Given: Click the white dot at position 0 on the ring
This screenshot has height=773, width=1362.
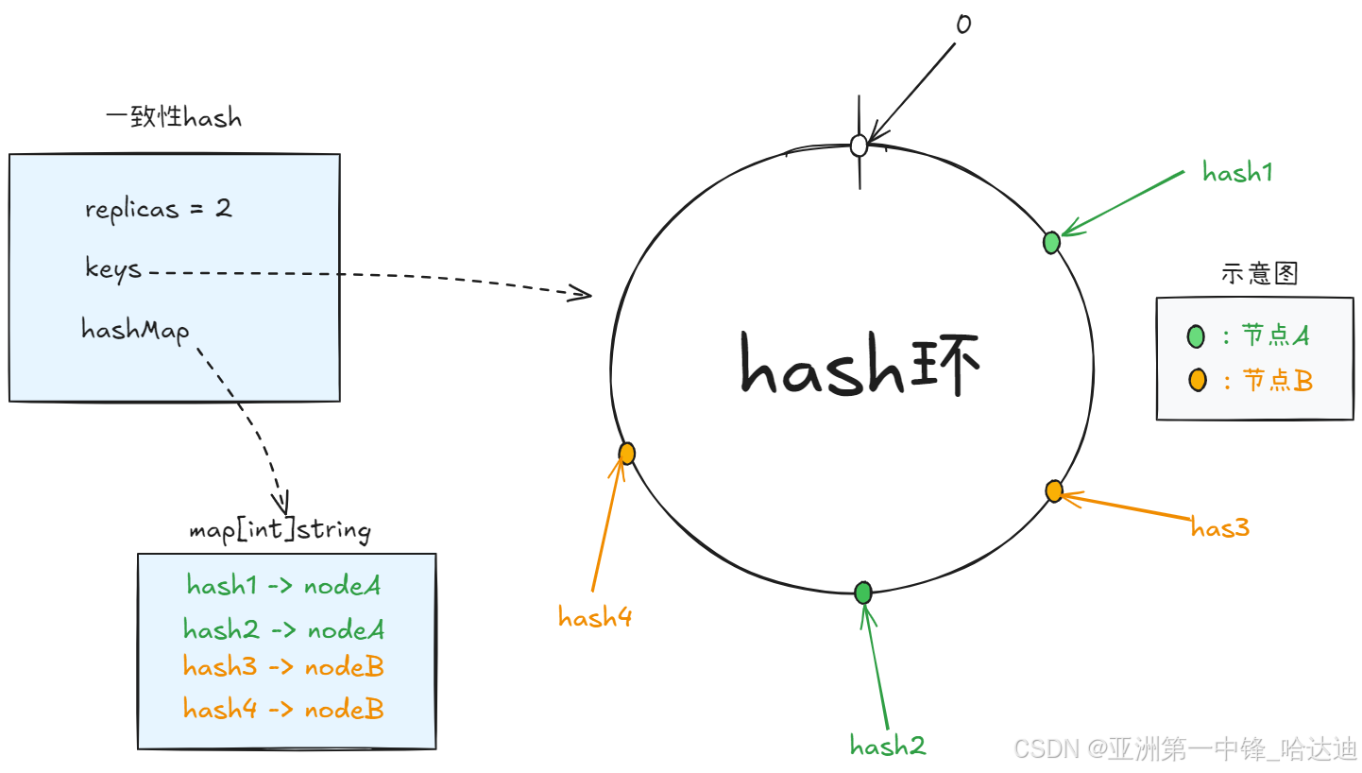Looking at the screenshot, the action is click(x=859, y=146).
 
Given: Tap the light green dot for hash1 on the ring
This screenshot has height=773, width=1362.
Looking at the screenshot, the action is click(x=1051, y=243).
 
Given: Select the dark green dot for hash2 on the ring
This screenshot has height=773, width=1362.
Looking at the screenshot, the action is click(x=863, y=593).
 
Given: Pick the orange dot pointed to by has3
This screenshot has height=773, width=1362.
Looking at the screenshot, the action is click(x=1054, y=490).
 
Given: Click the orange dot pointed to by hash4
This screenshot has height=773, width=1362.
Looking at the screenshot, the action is click(x=626, y=454).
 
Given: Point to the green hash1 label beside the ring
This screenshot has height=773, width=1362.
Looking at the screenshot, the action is click(x=1237, y=172).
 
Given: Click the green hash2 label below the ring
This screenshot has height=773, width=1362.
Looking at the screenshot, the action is click(x=888, y=746).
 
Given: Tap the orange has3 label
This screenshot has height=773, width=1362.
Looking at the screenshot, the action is click(x=1220, y=527).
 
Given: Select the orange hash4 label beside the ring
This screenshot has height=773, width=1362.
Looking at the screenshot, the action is click(x=595, y=618).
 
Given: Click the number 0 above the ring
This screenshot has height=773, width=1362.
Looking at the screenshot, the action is click(x=962, y=24).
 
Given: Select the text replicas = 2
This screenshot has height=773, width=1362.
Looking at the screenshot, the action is click(x=158, y=208).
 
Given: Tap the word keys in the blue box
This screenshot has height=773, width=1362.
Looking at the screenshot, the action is click(x=113, y=268).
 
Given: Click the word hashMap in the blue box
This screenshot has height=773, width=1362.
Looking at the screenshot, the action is click(x=135, y=330).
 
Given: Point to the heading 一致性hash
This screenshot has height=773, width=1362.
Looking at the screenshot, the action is click(x=174, y=118).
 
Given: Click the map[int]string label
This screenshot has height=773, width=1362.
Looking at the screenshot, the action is click(x=280, y=529).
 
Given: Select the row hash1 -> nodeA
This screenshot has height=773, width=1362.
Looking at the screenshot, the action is click(x=284, y=586).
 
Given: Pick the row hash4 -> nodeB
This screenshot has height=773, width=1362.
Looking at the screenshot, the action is click(x=283, y=709).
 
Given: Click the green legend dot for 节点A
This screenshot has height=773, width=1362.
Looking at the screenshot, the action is click(x=1197, y=335).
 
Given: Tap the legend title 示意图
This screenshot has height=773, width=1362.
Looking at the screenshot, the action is click(x=1260, y=273).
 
